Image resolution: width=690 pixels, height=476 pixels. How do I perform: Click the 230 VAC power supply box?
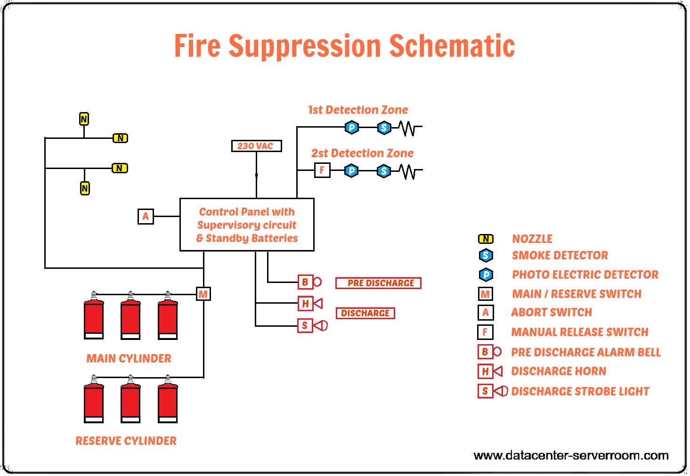pyautogui.click(x=256, y=146)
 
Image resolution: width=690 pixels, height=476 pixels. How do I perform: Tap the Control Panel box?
pyautogui.click(x=247, y=225)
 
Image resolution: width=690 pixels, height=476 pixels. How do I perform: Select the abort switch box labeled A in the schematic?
pyautogui.click(x=146, y=217)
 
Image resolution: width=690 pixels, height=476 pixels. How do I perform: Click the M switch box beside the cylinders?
pyautogui.click(x=203, y=294)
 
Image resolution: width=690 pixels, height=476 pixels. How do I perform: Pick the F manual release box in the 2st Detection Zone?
pyautogui.click(x=322, y=170)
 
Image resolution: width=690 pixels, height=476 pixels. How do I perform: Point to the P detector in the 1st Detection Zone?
pyautogui.click(x=352, y=127)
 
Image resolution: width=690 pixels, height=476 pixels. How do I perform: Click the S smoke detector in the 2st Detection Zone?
pyautogui.click(x=384, y=171)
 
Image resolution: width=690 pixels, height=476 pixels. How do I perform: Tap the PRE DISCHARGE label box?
pyautogui.click(x=378, y=283)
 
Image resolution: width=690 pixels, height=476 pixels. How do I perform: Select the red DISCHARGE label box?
pyautogui.click(x=365, y=313)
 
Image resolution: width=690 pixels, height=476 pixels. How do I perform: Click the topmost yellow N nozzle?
pyautogui.click(x=84, y=119)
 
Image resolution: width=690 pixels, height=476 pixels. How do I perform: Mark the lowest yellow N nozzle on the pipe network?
pyautogui.click(x=85, y=188)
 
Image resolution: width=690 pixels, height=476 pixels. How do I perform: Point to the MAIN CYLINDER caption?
pyautogui.click(x=129, y=358)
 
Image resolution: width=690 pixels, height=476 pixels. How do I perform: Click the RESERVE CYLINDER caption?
pyautogui.click(x=126, y=441)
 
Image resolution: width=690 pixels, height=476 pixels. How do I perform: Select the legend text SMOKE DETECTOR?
pyautogui.click(x=560, y=255)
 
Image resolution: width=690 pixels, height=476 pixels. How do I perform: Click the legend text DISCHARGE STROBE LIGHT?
pyautogui.click(x=580, y=391)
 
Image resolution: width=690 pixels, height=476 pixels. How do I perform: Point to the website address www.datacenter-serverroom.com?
pyautogui.click(x=571, y=455)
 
